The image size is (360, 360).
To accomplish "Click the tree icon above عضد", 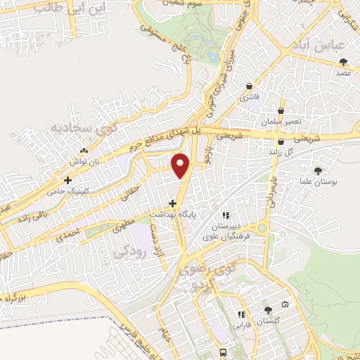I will pos(343,62).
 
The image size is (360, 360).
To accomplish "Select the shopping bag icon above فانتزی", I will pos(249,86).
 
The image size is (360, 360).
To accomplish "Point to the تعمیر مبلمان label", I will pos(281,122).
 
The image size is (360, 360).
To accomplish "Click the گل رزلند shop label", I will pos(280,151).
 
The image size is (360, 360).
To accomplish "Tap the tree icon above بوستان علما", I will pos(319,170).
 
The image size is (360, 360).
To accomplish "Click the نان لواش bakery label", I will pos(84,161).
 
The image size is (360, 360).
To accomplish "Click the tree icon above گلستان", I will pos(267,310).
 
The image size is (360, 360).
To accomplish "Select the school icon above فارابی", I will pos(241,315).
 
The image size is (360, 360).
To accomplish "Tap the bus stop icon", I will pos(223,352).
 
